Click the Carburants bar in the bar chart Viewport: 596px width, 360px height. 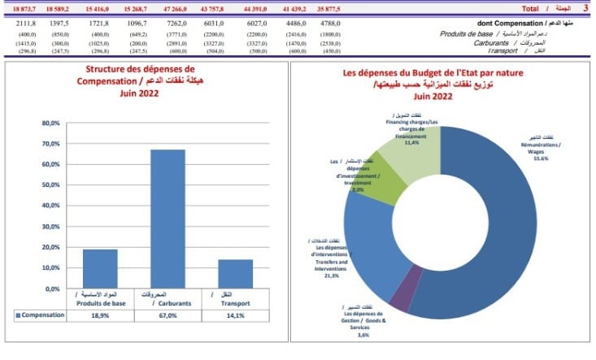click(167, 219)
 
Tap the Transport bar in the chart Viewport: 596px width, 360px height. click(235, 274)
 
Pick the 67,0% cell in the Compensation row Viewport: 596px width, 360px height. click(167, 314)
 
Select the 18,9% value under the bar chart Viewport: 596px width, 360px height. click(99, 314)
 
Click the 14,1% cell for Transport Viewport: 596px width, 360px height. click(235, 314)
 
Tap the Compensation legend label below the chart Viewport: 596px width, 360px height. click(41, 314)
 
